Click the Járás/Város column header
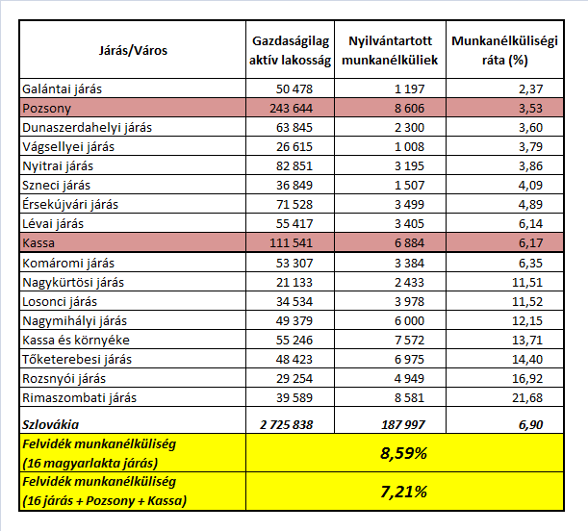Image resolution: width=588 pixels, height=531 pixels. point(133,50)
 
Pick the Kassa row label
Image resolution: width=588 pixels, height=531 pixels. point(37,243)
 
